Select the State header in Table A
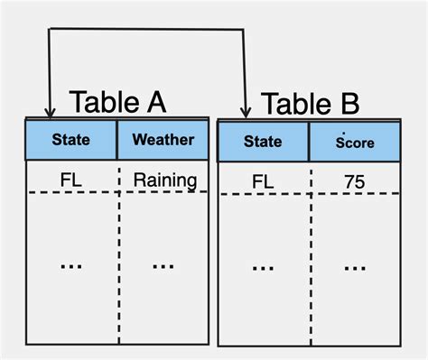point(70,140)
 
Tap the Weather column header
point(163,140)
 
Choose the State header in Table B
point(263,142)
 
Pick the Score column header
point(354,142)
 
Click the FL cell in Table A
point(72,180)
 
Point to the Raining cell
point(164,180)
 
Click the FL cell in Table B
point(263,183)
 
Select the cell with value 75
point(354,183)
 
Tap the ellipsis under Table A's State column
point(72,265)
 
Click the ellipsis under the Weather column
point(163,265)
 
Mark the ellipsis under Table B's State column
point(263,267)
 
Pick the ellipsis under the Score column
point(354,267)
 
